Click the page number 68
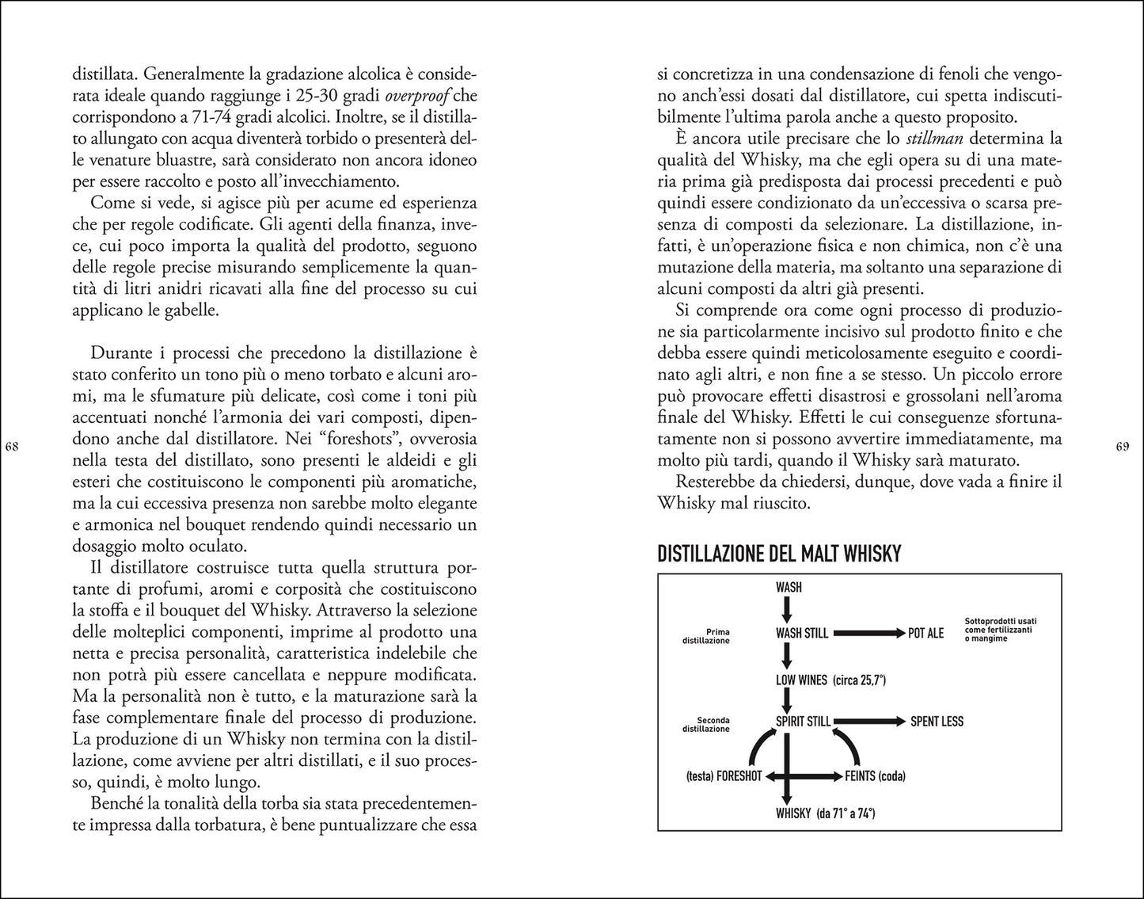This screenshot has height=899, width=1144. [x=12, y=448]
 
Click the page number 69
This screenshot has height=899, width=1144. [x=1122, y=448]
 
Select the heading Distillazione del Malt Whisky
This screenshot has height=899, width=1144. [x=779, y=554]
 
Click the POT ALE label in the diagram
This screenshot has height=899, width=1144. [x=925, y=633]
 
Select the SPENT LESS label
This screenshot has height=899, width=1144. [x=937, y=722]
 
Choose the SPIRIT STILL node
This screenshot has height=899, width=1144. [x=803, y=722]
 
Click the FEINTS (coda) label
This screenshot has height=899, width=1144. [x=875, y=775]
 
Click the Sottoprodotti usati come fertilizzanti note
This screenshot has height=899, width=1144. [x=1001, y=629]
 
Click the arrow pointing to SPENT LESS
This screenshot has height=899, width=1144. [x=870, y=722]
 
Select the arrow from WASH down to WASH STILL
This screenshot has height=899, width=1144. [x=786, y=608]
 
